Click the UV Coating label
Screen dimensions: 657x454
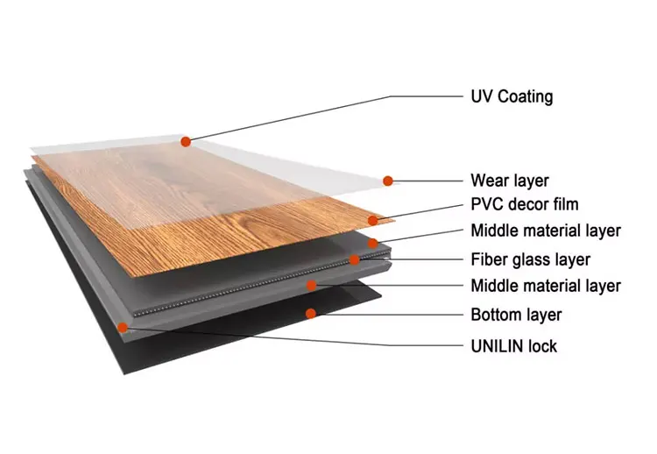click(512, 96)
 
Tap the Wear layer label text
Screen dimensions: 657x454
click(509, 181)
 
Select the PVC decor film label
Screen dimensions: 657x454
click(525, 205)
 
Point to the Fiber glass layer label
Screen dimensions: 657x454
click(530, 259)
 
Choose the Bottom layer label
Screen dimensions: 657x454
click(516, 315)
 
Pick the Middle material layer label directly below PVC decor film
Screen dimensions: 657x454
click(545, 231)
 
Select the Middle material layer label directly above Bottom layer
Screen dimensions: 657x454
click(545, 286)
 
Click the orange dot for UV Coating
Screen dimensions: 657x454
click(186, 140)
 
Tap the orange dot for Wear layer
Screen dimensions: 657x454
click(388, 181)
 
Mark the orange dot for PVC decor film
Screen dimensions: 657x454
click(374, 220)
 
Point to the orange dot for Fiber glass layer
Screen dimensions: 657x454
click(354, 259)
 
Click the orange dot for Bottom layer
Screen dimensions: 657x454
click(309, 313)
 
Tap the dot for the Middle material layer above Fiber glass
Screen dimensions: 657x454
click(372, 242)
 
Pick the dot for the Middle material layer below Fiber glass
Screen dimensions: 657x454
click(311, 285)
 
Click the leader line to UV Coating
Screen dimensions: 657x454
click(324, 117)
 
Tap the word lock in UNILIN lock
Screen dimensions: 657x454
click(542, 346)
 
